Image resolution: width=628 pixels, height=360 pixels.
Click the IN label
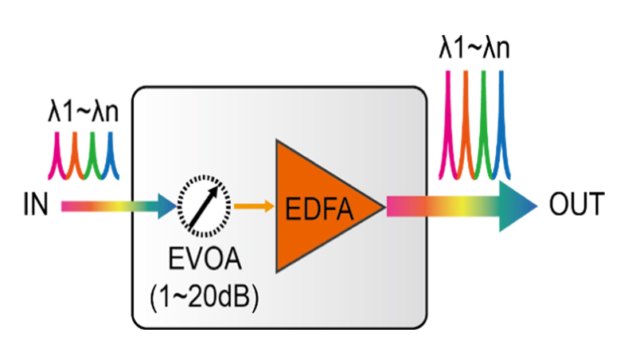coord(35,205)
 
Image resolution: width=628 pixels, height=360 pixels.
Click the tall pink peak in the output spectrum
coord(450,119)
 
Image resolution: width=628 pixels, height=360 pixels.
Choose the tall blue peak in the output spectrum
coord(501,119)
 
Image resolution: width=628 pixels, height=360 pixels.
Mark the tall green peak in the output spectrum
coord(485,119)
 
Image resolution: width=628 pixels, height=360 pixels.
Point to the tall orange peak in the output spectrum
coord(467,119)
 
